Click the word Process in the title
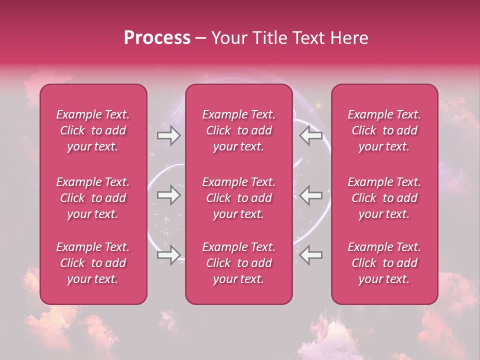tap(157, 38)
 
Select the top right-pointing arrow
tap(168, 135)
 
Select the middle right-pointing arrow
tap(168, 195)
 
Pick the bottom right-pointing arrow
tap(168, 255)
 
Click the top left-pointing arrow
tap(311, 135)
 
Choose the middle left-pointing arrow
tap(311, 195)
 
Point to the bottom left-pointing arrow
tap(311, 255)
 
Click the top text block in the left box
tap(93, 130)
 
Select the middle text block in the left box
tap(93, 198)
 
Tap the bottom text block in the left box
tap(93, 263)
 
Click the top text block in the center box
tap(238, 130)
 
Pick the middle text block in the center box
tap(238, 198)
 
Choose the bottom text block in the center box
tap(238, 263)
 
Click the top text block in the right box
tap(384, 130)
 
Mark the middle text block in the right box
tap(384, 198)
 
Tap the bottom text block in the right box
tap(384, 263)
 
